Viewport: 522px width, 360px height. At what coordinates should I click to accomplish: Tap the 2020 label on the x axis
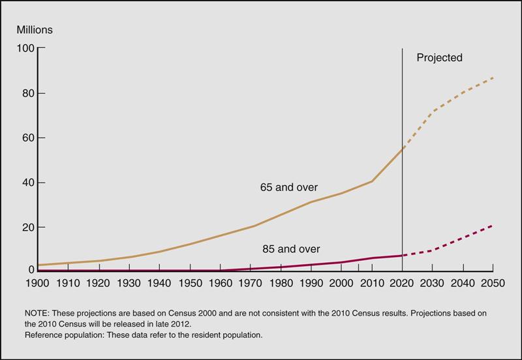402,284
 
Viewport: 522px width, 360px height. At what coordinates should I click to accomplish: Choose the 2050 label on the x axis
492,284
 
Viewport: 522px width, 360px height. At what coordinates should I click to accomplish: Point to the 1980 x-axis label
281,284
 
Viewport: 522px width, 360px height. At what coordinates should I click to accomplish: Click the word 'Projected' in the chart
439,58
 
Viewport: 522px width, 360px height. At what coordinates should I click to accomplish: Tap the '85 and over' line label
290,248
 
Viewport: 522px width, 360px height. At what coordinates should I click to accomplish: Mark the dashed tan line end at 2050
493,78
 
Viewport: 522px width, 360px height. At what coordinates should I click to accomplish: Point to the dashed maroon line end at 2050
492,225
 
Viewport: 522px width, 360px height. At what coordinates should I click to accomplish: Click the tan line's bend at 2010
372,181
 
